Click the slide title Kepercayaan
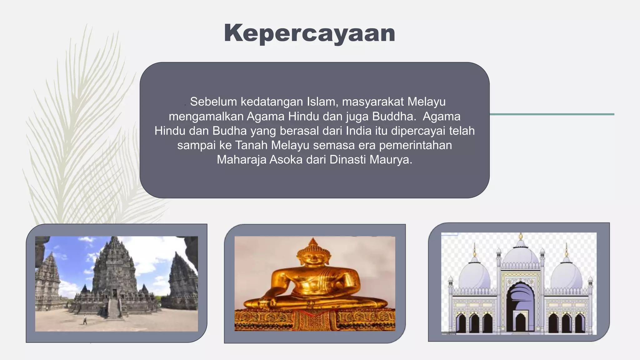click(309, 33)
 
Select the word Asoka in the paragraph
click(286, 160)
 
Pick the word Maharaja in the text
click(241, 160)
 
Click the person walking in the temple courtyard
click(85, 320)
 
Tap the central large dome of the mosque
click(521, 255)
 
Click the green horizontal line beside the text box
click(552, 114)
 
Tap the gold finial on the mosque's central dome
click(521, 236)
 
